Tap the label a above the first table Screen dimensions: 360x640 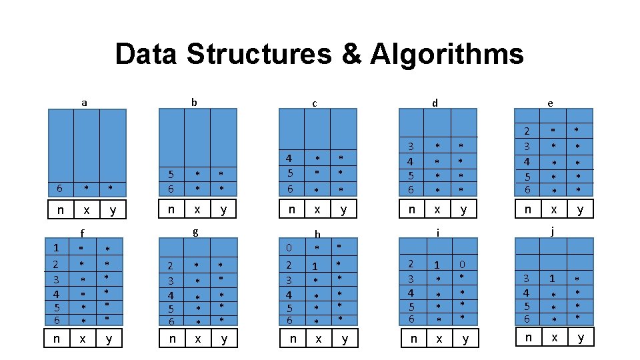[x=84, y=103]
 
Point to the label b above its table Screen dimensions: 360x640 [x=194, y=102]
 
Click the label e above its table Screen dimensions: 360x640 [x=549, y=103]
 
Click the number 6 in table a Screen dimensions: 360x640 [x=60, y=189]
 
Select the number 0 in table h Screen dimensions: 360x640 [x=289, y=248]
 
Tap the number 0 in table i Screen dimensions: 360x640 [x=463, y=264]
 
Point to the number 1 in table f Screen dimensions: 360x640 [x=57, y=248]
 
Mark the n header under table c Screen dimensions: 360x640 [x=291, y=209]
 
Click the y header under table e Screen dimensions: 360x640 [x=580, y=209]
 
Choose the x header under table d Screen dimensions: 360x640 [x=437, y=209]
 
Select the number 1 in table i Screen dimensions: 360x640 [x=437, y=265]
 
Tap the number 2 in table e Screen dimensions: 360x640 [x=527, y=131]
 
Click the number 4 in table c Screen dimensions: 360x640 [x=289, y=159]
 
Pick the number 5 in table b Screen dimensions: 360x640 [x=171, y=175]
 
